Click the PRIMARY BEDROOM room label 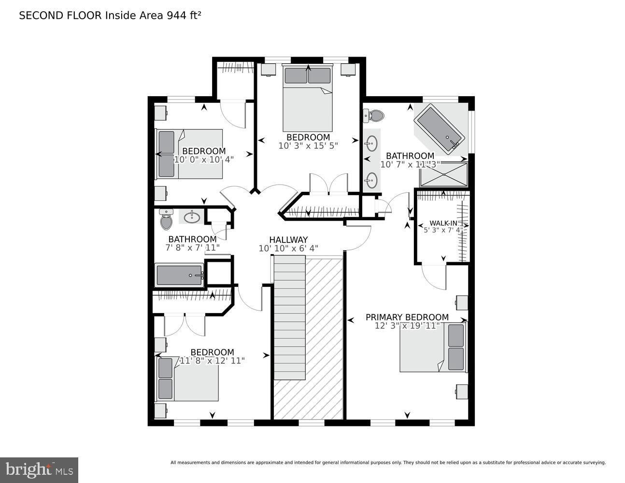click(407, 317)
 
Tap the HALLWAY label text click(288, 240)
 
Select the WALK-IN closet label click(443, 223)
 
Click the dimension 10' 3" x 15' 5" click(308, 145)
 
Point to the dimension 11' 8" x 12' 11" click(212, 361)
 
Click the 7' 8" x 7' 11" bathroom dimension click(192, 248)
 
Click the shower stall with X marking click(443, 175)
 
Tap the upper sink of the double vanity click(371, 143)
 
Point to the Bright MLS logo click(39, 469)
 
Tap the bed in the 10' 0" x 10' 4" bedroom click(190, 154)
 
